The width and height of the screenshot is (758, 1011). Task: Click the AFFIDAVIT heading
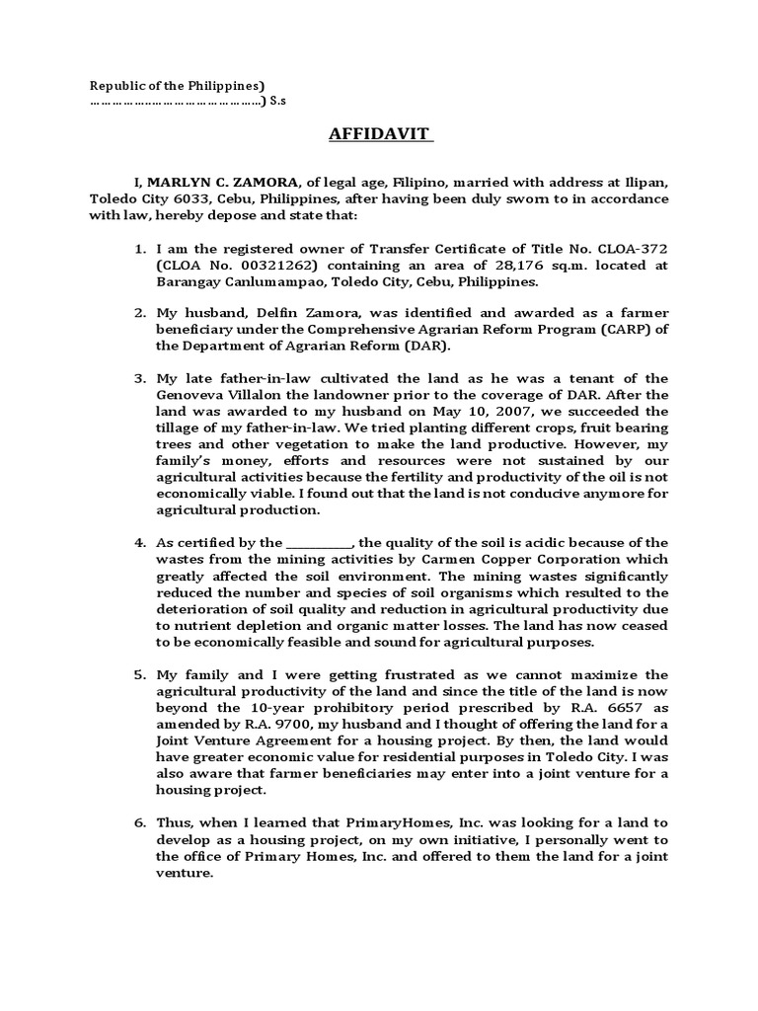click(381, 134)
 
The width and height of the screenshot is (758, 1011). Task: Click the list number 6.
click(140, 822)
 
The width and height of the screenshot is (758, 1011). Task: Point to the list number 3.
click(140, 377)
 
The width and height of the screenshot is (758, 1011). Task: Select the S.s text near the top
click(279, 102)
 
